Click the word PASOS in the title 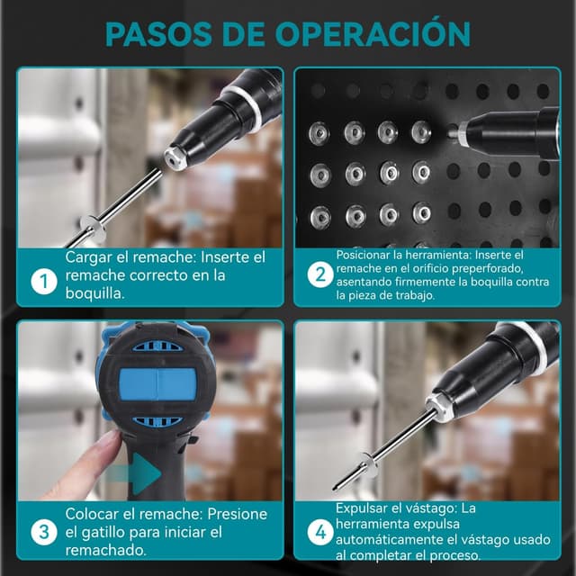tap(158, 34)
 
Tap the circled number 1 tap(44, 282)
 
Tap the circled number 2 tap(320, 274)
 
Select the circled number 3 tap(44, 532)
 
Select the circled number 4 tap(320, 532)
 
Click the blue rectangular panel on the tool tap(157, 384)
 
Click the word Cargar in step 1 tap(88, 257)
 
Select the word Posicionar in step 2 tap(360, 255)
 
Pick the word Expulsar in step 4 tap(361, 508)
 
